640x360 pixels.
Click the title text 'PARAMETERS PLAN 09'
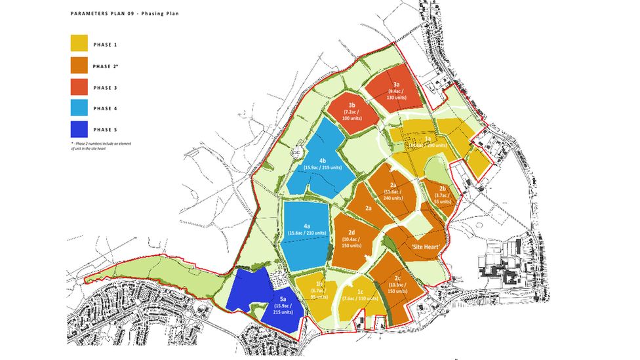point(103,12)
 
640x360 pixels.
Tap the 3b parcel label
point(352,105)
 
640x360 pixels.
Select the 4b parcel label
point(323,161)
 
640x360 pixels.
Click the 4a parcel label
point(307,227)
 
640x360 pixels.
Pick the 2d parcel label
point(351,232)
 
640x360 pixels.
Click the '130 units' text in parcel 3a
point(397,98)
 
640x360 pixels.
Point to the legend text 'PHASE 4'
point(106,108)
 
